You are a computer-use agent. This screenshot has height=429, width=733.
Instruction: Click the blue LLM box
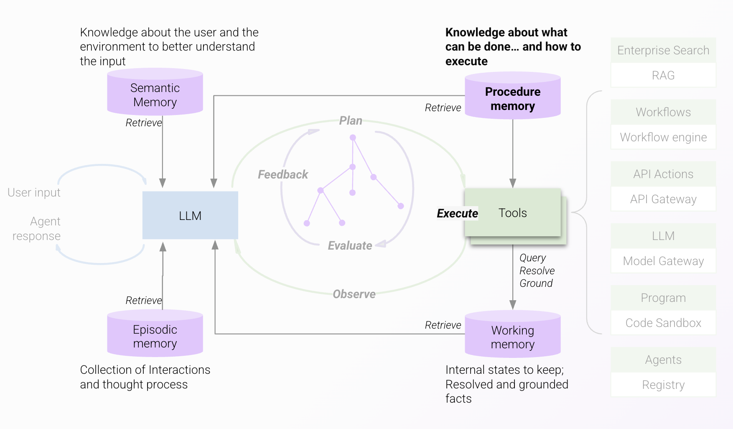(x=190, y=215)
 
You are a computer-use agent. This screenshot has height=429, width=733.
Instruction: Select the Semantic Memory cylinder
(x=155, y=94)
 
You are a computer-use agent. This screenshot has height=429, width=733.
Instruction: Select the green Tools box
(x=513, y=213)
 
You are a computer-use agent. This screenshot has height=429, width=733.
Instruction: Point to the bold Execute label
(x=457, y=213)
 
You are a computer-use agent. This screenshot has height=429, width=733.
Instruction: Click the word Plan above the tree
(x=351, y=120)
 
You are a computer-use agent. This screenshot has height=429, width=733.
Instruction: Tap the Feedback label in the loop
(x=283, y=174)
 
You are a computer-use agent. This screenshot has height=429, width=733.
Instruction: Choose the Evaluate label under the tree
(x=350, y=245)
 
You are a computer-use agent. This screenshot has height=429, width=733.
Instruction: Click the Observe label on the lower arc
(x=354, y=294)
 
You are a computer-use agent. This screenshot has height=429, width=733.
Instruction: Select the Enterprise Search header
(x=663, y=50)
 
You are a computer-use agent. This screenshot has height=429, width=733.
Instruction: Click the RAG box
(x=663, y=75)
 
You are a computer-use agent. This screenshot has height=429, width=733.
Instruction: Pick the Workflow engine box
(x=663, y=137)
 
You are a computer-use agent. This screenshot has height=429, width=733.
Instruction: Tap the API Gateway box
(x=663, y=199)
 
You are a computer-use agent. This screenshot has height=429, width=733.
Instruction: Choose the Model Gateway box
(x=663, y=261)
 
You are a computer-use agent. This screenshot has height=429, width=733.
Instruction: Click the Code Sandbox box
(x=663, y=323)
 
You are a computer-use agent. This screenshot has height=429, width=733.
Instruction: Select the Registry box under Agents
(x=663, y=385)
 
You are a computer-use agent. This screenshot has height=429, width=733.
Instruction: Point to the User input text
(x=34, y=192)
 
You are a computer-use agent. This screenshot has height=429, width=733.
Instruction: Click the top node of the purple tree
(x=353, y=138)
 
